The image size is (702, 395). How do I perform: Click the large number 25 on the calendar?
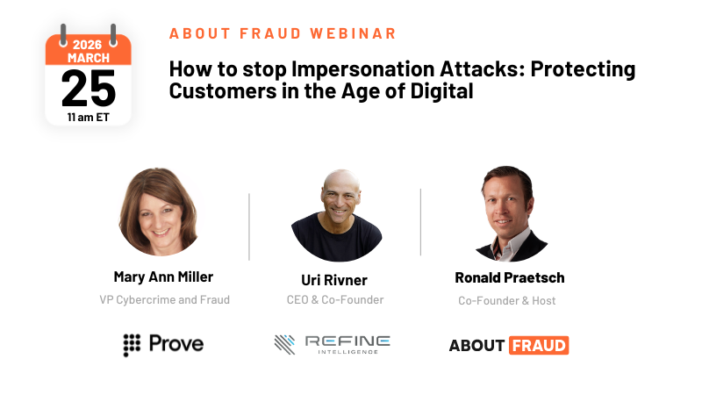[89, 88]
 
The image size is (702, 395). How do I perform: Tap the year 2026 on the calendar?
[88, 44]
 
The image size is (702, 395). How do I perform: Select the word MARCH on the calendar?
[88, 57]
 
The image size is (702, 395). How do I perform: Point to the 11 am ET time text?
[88, 114]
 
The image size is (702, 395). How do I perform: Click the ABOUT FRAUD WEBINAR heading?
[283, 33]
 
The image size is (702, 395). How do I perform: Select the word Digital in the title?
[441, 90]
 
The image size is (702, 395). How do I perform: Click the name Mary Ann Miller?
[163, 276]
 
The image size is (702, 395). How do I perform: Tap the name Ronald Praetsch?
[509, 277]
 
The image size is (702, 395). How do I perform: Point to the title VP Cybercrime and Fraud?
[164, 300]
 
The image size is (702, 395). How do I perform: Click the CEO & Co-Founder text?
[337, 300]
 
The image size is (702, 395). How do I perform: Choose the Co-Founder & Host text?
[507, 301]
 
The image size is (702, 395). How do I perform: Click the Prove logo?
[163, 344]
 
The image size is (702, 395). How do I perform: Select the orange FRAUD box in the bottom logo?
[538, 345]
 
